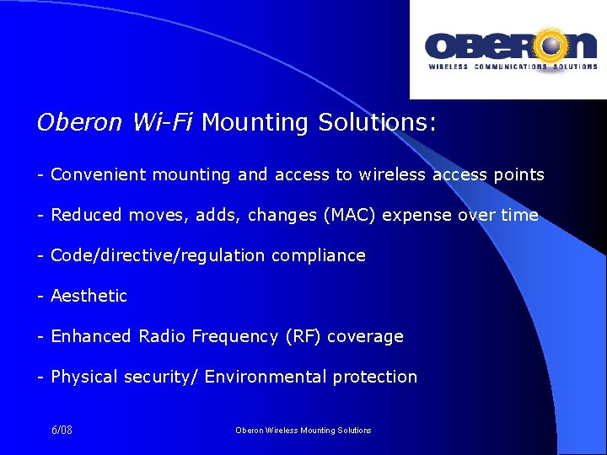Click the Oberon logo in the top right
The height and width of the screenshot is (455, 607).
pos(510,50)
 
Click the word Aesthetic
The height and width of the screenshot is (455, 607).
pos(89,297)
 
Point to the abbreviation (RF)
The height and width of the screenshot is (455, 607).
pos(298,337)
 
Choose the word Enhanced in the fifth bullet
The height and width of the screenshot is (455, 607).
pos(92,337)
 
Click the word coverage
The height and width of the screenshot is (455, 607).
pos(365,337)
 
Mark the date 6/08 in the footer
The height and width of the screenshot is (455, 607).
pos(62,431)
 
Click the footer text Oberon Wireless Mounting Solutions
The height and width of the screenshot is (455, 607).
pos(303,431)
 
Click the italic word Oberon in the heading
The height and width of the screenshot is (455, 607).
pos(79,123)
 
